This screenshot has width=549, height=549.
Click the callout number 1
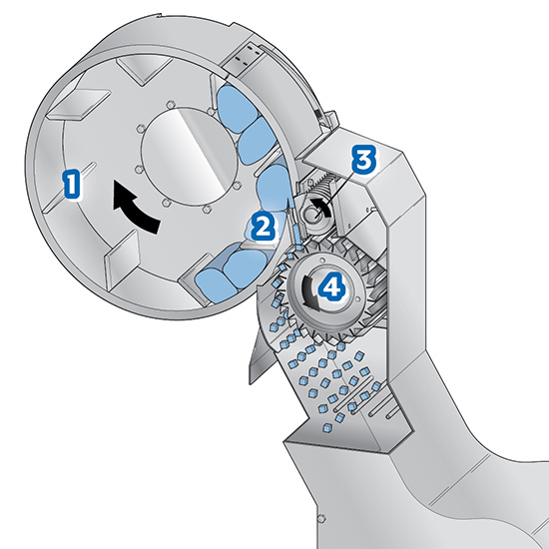pos(72,183)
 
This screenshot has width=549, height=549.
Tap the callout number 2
pos(263,227)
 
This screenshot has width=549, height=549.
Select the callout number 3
pos(364,160)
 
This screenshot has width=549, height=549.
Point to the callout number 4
pos(331,287)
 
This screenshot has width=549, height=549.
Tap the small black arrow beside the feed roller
pos(323,206)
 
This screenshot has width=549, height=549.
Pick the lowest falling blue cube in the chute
pos(326,427)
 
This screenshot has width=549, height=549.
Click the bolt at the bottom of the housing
pos(319,517)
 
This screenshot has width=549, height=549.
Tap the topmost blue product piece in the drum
pos(235,107)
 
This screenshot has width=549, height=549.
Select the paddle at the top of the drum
pos(144,69)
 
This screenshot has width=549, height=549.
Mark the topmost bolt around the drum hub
pos(170,105)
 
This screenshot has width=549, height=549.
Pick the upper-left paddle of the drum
pos(79,104)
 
